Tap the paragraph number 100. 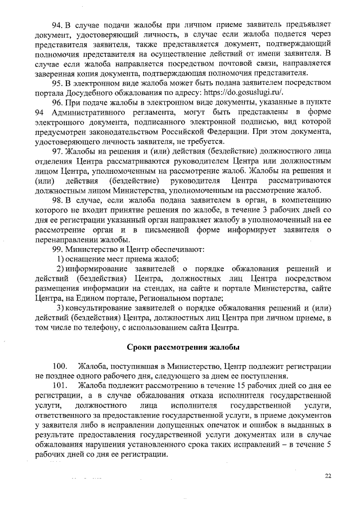click(60, 366)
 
